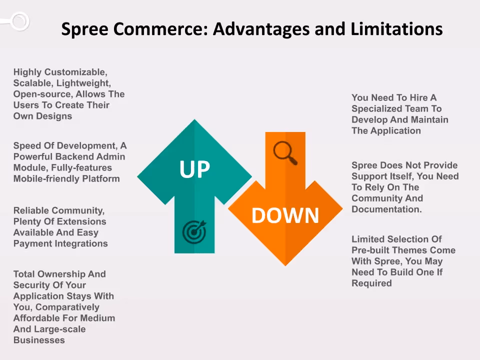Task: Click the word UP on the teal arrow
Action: [x=194, y=169]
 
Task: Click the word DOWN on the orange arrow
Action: [x=285, y=215]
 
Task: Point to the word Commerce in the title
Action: [x=161, y=29]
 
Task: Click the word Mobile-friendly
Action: [x=47, y=178]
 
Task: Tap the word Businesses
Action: [x=39, y=340]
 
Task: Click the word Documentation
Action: [x=386, y=209]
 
